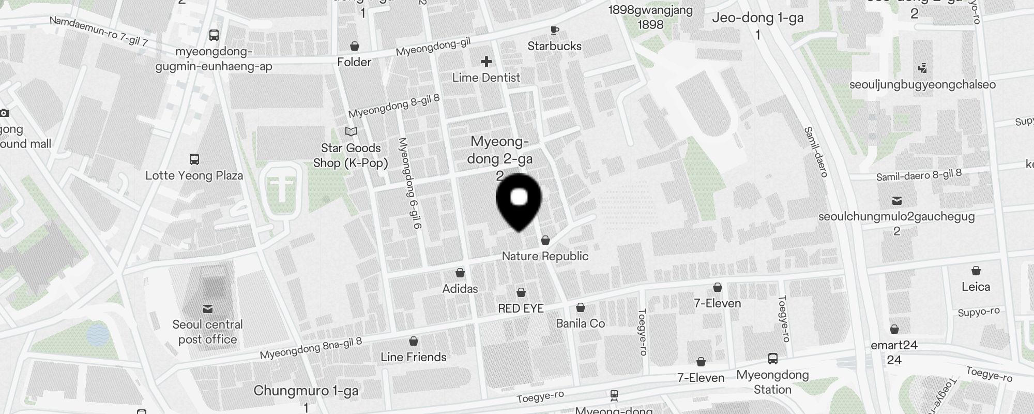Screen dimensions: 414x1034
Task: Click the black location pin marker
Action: click(519, 202)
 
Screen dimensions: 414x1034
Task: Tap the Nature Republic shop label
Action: click(545, 256)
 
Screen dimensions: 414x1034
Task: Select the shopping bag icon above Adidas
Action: click(460, 273)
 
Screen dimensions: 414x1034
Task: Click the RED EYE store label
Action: click(521, 308)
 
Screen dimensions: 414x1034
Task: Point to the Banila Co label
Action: click(580, 323)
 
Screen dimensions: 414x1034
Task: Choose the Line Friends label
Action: click(413, 357)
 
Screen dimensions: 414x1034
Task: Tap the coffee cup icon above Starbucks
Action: click(554, 31)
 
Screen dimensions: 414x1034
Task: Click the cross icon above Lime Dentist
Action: click(486, 62)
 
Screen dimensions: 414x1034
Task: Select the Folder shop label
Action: click(354, 62)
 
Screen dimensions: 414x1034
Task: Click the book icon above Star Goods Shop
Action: click(351, 131)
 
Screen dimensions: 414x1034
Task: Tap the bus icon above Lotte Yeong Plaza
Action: click(194, 159)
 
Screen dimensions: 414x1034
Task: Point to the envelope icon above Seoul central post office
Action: click(208, 309)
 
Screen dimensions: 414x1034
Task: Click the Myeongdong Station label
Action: click(772, 382)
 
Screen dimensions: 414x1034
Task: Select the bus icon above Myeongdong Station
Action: click(773, 358)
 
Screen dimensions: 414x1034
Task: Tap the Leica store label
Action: click(976, 287)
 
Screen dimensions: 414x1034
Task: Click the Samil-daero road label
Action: click(816, 152)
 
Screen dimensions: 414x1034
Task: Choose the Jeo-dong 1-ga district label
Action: click(757, 18)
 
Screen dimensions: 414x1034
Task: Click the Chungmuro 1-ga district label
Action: click(306, 391)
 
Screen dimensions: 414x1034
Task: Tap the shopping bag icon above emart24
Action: click(894, 329)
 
